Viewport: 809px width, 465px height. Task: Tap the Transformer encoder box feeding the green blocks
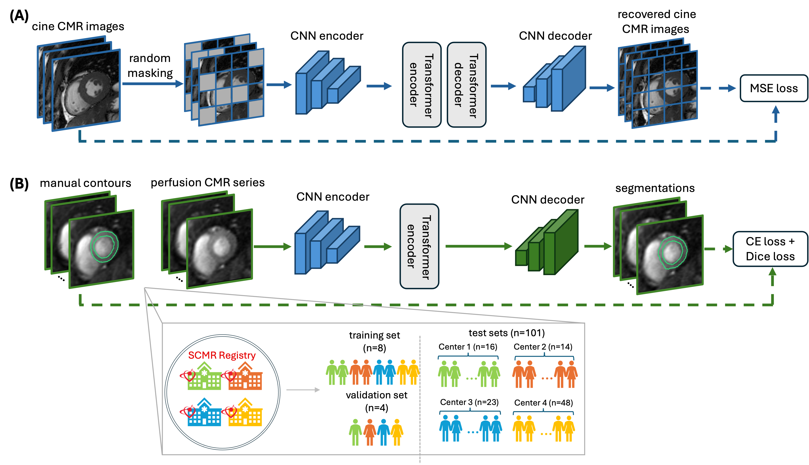[x=419, y=247]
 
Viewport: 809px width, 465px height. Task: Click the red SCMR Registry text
[x=222, y=355]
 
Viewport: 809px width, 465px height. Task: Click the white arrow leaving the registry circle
[x=303, y=390]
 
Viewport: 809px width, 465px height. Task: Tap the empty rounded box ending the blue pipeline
[x=774, y=88]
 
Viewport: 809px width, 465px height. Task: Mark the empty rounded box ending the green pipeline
[x=770, y=249]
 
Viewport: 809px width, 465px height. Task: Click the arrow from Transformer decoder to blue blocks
[x=503, y=86]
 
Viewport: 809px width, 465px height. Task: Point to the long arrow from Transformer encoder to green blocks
[x=479, y=246]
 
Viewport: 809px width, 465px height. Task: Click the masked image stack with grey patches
[x=224, y=80]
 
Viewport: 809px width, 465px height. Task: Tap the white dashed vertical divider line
[x=420, y=399]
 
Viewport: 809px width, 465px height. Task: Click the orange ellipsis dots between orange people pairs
[x=547, y=378]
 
